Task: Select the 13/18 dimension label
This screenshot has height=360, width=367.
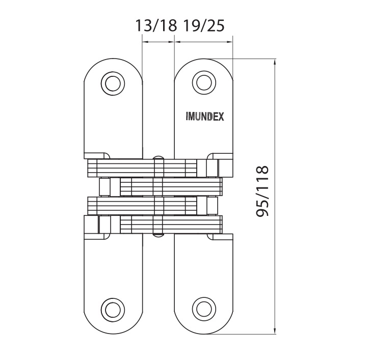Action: [155, 26]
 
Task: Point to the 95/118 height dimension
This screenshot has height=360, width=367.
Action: [262, 192]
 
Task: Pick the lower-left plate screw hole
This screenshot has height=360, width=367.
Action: [112, 309]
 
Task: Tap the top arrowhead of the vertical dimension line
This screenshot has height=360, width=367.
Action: [275, 63]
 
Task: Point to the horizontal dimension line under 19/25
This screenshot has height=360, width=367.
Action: [203, 42]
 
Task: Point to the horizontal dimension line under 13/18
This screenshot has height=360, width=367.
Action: [158, 42]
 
